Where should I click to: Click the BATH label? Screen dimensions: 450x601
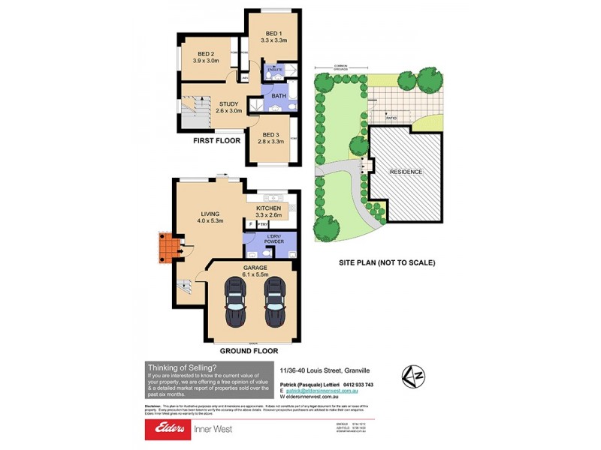click(279, 97)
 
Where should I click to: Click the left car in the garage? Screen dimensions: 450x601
click(236, 304)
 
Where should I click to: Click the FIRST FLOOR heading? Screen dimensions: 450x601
click(217, 140)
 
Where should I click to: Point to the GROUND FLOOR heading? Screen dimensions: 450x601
click(249, 350)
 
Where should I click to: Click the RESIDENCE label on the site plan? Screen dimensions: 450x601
click(406, 172)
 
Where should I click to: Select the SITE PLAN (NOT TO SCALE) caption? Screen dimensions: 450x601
click(387, 263)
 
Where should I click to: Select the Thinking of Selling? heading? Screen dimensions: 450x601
click(182, 367)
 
